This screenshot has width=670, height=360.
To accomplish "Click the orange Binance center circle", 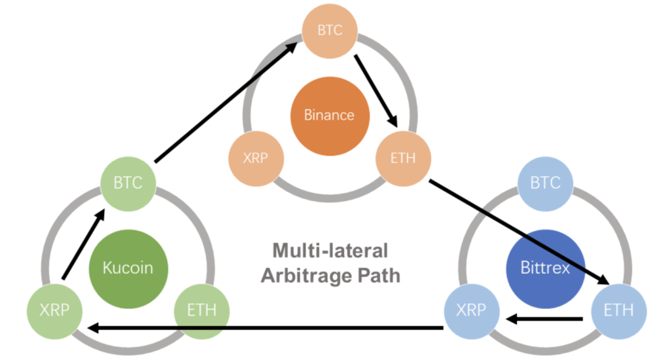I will pyautogui.click(x=329, y=115).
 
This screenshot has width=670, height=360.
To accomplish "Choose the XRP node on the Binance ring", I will pyautogui.click(x=255, y=158).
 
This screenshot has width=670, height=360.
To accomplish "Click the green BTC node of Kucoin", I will pyautogui.click(x=128, y=183).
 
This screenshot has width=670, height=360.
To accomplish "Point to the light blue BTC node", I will pyautogui.click(x=545, y=183).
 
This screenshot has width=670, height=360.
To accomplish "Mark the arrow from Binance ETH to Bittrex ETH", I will pyautogui.click(x=517, y=230).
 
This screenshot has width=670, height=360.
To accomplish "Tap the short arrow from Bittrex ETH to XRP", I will pyautogui.click(x=543, y=319).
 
